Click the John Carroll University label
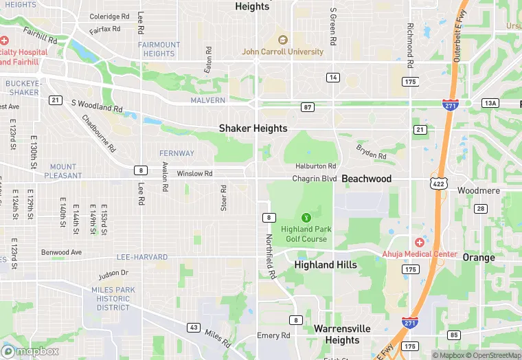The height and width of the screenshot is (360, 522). tap(282, 52)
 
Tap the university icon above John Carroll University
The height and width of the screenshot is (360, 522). tap(282, 39)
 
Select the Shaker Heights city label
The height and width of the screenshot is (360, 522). tap(253, 128)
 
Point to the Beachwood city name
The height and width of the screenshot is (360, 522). tap(367, 179)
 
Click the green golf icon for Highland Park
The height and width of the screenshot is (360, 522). tap(306, 217)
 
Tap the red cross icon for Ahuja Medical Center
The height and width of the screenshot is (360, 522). tap(419, 243)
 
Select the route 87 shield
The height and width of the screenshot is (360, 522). tap(307, 106)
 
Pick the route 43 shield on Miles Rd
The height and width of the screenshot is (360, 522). tap(194, 327)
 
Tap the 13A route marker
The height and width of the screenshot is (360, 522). tap(490, 103)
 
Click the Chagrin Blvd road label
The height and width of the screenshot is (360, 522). tap(315, 179)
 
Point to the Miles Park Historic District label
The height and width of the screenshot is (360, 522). tap(113, 299)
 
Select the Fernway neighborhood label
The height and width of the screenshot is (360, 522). tap(177, 153)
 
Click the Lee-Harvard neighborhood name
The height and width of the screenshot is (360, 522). tap(142, 258)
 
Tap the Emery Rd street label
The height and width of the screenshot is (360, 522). tap(273, 335)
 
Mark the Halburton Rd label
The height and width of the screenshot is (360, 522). tap(315, 166)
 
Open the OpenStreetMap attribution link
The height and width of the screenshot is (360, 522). tap(493, 355)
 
